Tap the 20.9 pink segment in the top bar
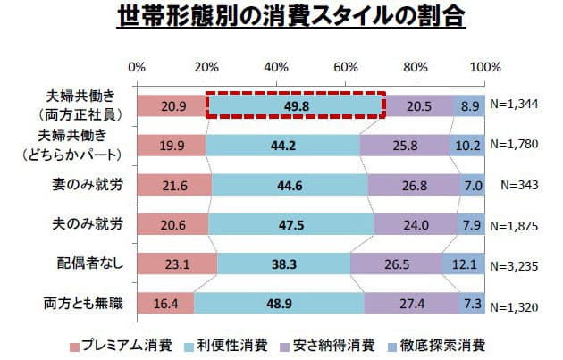point(172,105)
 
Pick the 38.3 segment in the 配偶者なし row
point(283,264)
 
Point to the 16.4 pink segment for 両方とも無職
point(165,304)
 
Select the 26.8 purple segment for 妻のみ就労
point(406,184)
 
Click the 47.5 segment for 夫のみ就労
point(291,224)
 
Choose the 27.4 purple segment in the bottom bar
point(411,304)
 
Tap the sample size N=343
point(523,185)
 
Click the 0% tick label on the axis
point(138,67)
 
